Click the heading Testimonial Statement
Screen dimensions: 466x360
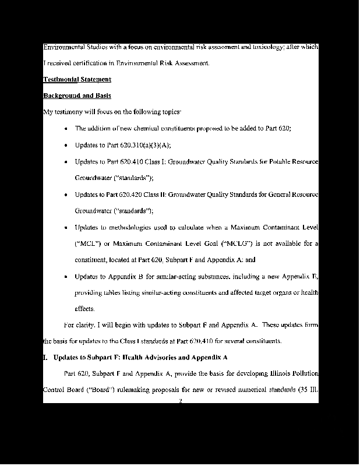pyautogui.click(x=77, y=79)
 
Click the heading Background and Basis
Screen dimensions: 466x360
pyautogui.click(x=77, y=96)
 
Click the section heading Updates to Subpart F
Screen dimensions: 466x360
pyautogui.click(x=140, y=357)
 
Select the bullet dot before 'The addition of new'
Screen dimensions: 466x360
pyautogui.click(x=68, y=128)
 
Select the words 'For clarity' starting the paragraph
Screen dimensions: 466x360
pyautogui.click(x=77, y=324)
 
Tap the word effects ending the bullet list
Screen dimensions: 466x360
pyautogui.click(x=84, y=309)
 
